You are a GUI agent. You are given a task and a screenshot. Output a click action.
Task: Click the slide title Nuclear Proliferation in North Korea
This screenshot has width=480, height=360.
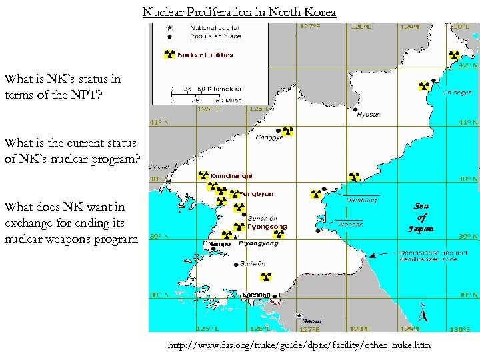click(x=239, y=12)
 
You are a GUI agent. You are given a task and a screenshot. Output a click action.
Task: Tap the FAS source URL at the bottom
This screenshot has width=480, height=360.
click(x=299, y=345)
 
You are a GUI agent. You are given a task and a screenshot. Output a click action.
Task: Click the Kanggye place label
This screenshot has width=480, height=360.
click(x=269, y=138)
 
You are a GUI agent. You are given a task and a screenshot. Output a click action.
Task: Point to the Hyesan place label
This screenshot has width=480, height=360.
click(x=369, y=114)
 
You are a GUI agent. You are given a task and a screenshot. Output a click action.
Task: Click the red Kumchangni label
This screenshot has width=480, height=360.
click(x=231, y=176)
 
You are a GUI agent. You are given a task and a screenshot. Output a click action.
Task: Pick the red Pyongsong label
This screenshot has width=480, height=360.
click(x=267, y=227)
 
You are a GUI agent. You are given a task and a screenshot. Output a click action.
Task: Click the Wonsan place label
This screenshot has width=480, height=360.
click(x=350, y=225)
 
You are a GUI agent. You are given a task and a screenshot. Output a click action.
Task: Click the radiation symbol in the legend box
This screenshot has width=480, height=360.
click(x=169, y=55)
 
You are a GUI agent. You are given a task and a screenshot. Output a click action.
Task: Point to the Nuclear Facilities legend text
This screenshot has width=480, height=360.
click(x=205, y=55)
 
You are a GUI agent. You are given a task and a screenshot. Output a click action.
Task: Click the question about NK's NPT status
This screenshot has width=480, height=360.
click(x=63, y=86)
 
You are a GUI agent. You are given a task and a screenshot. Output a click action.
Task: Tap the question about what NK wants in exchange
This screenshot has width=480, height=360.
click(x=71, y=223)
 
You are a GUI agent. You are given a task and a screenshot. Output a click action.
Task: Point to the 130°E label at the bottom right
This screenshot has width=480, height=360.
click(x=459, y=329)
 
